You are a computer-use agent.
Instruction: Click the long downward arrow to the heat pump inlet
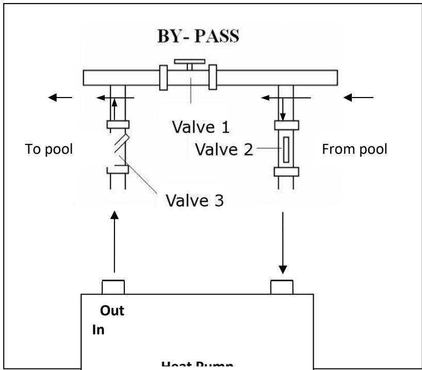[x=282, y=243]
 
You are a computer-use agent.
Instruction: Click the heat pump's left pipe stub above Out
[x=113, y=286]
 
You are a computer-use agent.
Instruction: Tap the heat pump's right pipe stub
[x=282, y=286]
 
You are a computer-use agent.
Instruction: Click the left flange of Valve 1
[x=163, y=77]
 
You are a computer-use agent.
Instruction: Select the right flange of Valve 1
[x=212, y=77]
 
